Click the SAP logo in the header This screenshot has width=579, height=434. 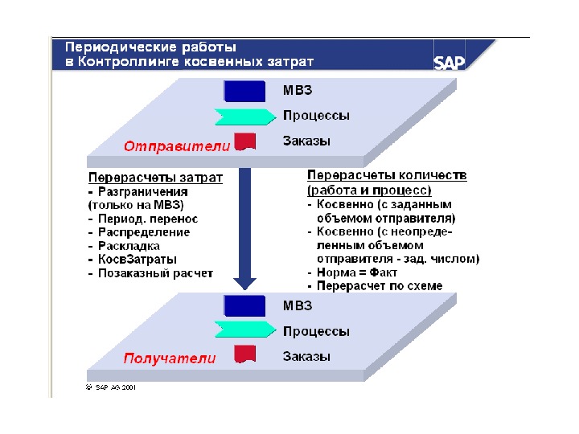tap(450, 63)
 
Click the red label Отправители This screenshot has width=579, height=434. tap(176, 146)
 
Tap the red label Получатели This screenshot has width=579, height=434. tap(169, 358)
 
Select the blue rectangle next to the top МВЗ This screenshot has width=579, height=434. tap(244, 91)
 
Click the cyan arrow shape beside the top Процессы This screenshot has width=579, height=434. tap(244, 117)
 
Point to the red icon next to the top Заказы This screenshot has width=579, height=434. tap(244, 141)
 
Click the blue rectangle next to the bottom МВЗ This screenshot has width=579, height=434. tap(244, 305)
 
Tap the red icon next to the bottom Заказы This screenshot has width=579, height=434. tap(244, 354)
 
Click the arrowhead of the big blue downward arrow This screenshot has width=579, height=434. tap(244, 283)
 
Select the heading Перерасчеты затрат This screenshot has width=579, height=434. tap(155, 178)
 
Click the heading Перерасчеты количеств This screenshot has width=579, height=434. tap(387, 174)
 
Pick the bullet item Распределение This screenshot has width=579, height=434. tap(144, 232)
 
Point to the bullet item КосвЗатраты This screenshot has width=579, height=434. tap(138, 260)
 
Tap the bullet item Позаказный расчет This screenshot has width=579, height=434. tap(156, 273)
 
